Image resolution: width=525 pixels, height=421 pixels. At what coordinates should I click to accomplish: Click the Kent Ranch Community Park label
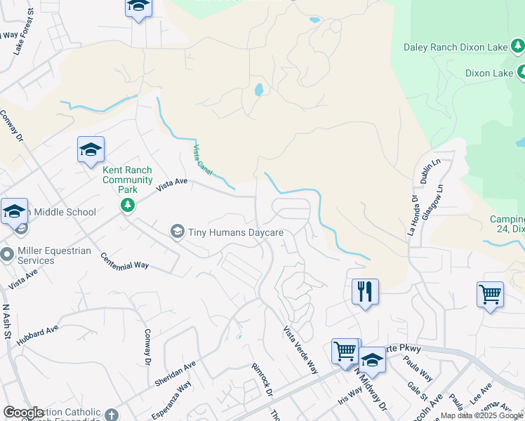point(127,175)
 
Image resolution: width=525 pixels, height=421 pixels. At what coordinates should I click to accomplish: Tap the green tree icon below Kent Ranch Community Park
point(127,205)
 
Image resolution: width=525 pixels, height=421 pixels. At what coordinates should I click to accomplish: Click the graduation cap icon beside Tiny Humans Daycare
point(178,232)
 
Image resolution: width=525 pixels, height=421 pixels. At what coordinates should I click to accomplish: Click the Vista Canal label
point(203,159)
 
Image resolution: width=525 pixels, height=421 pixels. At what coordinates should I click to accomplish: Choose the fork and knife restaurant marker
point(365,290)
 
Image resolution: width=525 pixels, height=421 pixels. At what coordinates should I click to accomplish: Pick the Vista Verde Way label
point(300,348)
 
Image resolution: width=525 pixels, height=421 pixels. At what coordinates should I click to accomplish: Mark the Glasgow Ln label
point(441,199)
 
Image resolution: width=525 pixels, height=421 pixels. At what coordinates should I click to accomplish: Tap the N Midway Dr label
point(372,393)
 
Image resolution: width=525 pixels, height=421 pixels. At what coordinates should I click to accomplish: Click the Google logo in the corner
point(23,412)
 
